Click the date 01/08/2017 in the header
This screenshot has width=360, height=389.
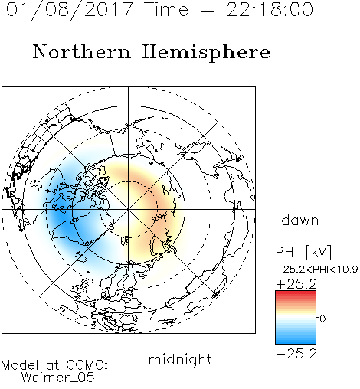click(69, 10)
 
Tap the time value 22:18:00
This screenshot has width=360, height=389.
click(270, 9)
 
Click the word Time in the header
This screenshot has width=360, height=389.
click(166, 9)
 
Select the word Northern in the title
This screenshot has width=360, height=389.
click(82, 51)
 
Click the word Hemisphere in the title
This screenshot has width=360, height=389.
click(206, 53)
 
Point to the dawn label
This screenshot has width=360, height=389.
click(300, 221)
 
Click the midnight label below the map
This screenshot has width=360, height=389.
click(180, 360)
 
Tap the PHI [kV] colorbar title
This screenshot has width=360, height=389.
click(303, 252)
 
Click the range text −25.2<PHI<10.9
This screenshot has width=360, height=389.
click(317, 270)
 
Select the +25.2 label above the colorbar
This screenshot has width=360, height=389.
click(296, 284)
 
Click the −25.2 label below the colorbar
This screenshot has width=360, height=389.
click(296, 354)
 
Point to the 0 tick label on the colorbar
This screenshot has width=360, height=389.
click(322, 319)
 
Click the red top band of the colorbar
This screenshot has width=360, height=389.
click(296, 293)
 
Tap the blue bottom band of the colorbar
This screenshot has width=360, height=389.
click(296, 340)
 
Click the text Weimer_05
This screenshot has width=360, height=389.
click(58, 378)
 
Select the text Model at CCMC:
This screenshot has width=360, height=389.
click(54, 365)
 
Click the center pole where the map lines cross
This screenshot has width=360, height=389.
click(129, 209)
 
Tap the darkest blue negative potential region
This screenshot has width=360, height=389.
click(61, 214)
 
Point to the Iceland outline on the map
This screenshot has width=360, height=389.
click(81, 257)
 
